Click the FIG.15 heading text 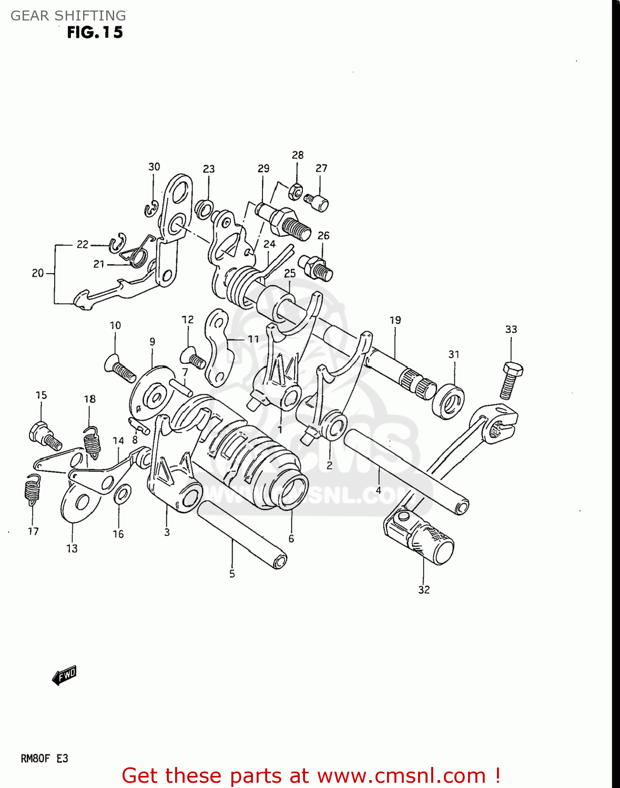point(95,33)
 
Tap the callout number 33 point(511,329)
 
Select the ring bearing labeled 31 point(449,402)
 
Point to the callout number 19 point(395,320)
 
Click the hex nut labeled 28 point(296,191)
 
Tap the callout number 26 point(323,235)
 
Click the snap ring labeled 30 point(152,209)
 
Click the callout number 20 point(37,273)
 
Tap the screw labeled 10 point(120,368)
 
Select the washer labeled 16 point(122,494)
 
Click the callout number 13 point(72,548)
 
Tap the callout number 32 point(424,589)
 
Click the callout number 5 point(232,574)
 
